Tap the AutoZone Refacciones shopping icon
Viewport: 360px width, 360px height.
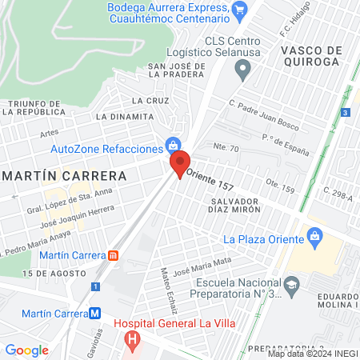click(172, 146)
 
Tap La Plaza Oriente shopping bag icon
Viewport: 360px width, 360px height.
click(314, 238)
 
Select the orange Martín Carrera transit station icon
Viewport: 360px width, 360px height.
click(114, 255)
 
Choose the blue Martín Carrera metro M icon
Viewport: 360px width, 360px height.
click(95, 313)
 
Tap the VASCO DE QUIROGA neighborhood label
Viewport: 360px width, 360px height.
click(312, 57)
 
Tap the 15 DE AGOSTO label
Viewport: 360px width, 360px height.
click(48, 274)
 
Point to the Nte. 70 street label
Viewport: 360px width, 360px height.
click(226, 148)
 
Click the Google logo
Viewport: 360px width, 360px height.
click(27, 350)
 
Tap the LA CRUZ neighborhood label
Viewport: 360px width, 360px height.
click(150, 101)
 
